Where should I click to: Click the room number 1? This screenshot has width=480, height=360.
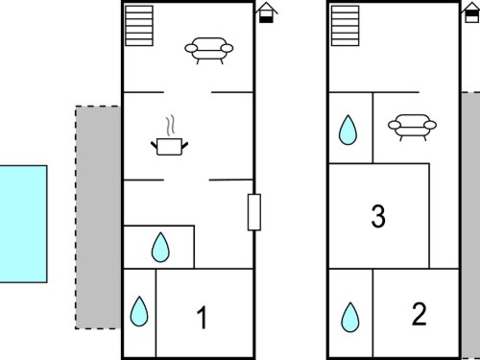pos(202,318)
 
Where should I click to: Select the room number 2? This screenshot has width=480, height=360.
pos(419,314)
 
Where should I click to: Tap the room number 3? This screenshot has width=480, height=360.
pos(378,217)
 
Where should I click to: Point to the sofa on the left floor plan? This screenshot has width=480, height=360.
pos(209,51)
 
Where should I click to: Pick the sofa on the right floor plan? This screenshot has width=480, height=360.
pos(412,127)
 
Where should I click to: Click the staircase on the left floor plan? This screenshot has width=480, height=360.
pos(139,26)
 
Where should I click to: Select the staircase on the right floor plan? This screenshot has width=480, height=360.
pos(345,26)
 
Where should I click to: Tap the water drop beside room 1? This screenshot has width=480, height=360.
pos(139,311)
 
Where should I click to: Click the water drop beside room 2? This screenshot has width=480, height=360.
pos(350,317)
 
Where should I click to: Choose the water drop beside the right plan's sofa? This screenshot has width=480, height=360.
pos(348,130)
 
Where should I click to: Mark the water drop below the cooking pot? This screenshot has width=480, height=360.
pos(160,248)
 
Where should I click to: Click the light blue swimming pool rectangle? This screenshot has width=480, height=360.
pos(23,224)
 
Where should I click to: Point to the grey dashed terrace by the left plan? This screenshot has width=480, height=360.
pos(98,218)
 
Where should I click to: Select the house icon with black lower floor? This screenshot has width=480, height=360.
pos(266,12)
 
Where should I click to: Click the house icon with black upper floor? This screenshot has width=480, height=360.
pos(470,12)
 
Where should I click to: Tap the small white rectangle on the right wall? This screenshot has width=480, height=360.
pos(254,212)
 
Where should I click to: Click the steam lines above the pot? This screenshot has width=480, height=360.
pos(171,125)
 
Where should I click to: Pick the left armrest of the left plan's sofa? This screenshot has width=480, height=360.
pos(191,49)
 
